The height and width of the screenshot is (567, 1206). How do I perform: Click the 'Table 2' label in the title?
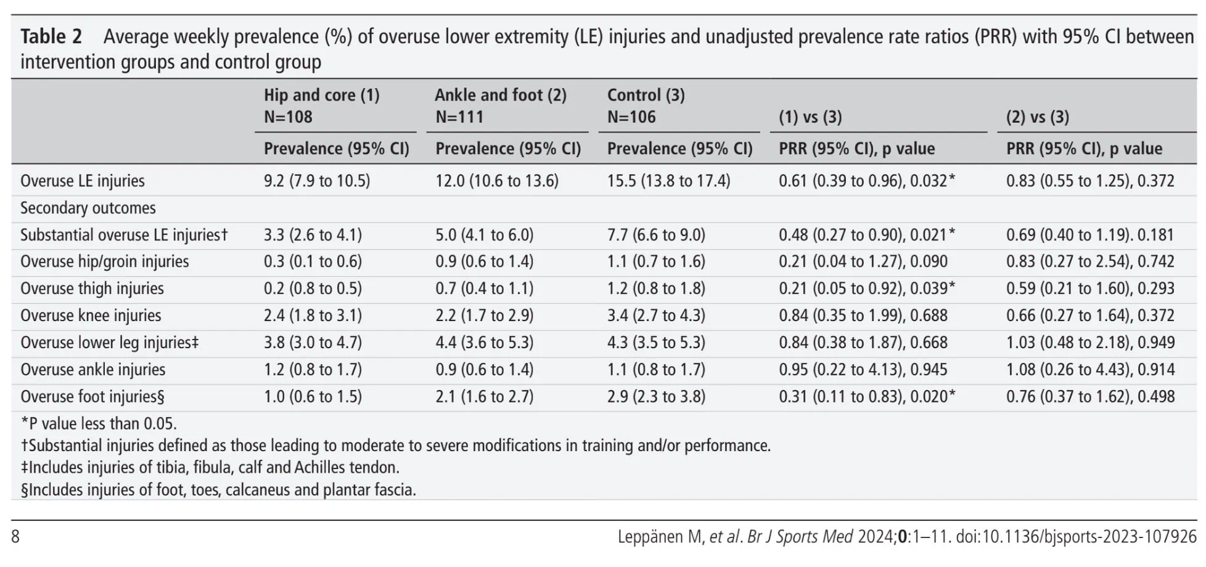point(51,36)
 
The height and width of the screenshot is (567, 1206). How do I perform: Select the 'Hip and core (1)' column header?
point(322,95)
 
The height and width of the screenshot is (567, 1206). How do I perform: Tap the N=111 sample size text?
point(459,117)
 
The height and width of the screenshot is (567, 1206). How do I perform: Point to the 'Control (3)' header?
point(646,95)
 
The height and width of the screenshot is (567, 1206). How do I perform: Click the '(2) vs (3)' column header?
point(1038,117)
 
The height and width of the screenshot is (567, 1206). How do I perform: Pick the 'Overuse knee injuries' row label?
point(91,316)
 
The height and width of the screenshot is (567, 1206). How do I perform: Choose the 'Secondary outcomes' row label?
point(88,208)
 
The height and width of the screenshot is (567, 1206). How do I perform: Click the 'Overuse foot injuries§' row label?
point(92,396)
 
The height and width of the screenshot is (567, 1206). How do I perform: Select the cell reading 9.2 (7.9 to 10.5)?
point(317,181)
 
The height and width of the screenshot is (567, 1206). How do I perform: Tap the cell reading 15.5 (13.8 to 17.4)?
point(668,181)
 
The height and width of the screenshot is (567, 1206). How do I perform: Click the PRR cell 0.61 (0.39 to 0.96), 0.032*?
point(867,181)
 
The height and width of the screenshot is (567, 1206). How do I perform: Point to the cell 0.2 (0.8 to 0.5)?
point(313,288)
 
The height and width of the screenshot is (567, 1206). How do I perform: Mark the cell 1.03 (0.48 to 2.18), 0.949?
point(1091,343)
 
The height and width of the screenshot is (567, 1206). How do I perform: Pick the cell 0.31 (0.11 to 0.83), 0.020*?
point(867,396)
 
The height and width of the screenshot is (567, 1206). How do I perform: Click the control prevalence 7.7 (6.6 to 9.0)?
point(656,235)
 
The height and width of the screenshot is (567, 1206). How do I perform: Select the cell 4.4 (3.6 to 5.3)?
point(485,343)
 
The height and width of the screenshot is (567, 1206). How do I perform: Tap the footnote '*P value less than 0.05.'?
point(99,423)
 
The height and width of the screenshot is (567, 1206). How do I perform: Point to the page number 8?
point(15,537)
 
